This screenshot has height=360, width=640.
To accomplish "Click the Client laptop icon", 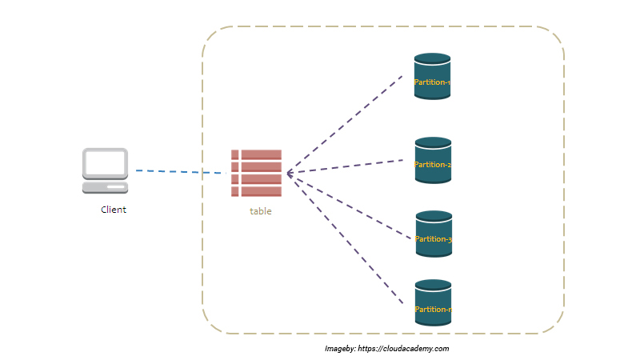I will point(105,170).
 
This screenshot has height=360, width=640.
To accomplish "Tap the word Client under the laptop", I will point(113,210).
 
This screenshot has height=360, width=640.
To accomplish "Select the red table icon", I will point(256,173).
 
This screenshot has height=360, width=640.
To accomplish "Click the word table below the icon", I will point(260,211).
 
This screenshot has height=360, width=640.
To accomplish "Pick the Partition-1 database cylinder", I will point(432,76).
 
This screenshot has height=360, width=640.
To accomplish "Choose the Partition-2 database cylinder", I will point(433,159).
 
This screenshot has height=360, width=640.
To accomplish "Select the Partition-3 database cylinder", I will point(434,234).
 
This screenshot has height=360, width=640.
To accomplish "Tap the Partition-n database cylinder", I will point(434,302).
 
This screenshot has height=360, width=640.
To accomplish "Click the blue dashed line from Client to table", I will point(180,172).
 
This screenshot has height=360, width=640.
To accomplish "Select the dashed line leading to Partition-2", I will point(344,166).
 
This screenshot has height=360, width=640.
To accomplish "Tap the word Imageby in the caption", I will point(339,349).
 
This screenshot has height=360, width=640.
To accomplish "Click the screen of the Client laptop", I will point(105,163).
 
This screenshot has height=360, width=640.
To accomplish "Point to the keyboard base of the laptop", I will point(105,188).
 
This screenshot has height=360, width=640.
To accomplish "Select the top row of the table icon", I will point(256,154).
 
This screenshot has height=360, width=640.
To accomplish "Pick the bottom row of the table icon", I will point(256,191).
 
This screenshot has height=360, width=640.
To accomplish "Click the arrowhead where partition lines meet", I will point(289,173).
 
